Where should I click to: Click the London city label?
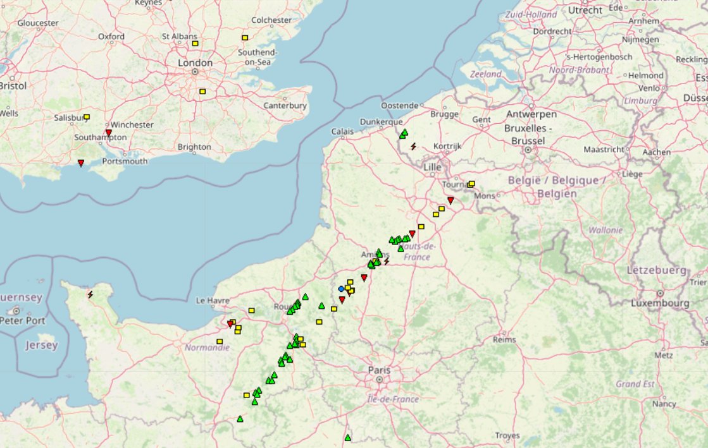tap(195, 63)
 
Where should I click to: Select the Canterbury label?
tap(285, 106)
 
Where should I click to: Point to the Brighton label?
tap(194, 147)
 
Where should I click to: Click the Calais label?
tap(342, 131)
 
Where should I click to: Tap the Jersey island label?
tap(42, 345)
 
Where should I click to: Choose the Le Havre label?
tap(211, 300)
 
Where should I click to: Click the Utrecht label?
tap(585, 10)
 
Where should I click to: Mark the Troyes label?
tap(507, 435)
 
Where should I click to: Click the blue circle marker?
tap(341, 289)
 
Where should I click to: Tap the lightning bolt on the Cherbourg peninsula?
tap(90, 294)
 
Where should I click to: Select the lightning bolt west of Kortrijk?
tap(413, 146)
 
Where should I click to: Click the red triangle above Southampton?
tap(108, 133)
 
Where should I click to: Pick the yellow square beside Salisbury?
tap(87, 117)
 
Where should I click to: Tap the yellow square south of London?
tap(202, 92)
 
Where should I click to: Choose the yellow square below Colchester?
tap(245, 38)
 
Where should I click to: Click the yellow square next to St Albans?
tap(195, 44)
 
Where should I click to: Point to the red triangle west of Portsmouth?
tap(81, 163)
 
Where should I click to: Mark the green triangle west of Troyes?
tap(347, 437)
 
